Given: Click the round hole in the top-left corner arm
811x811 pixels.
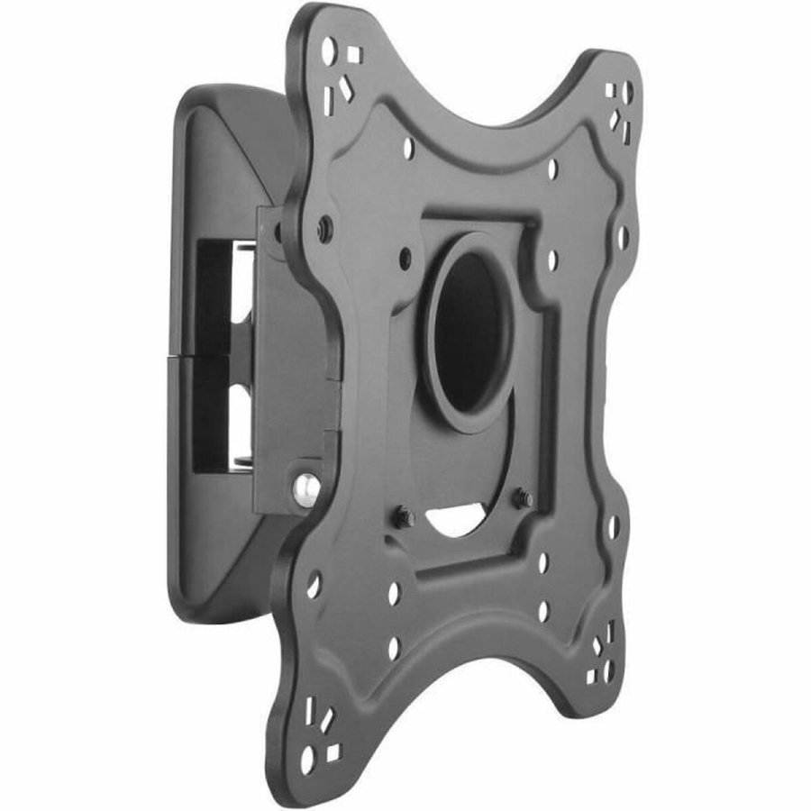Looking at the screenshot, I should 329,50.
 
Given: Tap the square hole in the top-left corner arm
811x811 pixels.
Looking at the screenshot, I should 354,55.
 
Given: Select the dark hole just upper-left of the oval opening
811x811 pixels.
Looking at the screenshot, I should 405,258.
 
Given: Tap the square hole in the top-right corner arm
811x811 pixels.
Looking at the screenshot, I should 612,90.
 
